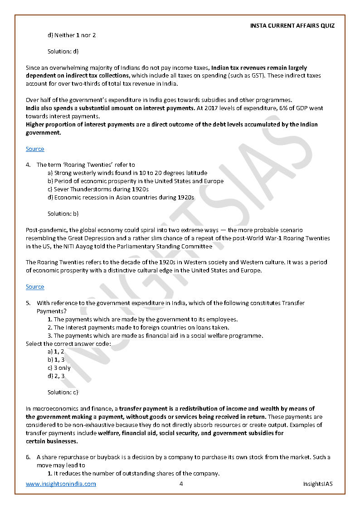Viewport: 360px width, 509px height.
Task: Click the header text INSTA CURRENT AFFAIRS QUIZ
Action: click(x=292, y=25)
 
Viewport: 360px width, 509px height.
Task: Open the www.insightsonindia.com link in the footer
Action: click(x=61, y=484)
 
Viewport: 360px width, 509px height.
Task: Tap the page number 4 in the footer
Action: click(x=181, y=484)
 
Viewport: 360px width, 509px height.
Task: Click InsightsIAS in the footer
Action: click(x=318, y=484)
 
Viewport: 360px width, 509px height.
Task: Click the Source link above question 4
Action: click(x=35, y=149)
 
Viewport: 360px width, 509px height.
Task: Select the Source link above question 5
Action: click(x=35, y=286)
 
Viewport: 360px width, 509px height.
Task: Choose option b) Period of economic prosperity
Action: click(x=135, y=181)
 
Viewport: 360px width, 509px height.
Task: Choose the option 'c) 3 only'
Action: click(x=59, y=368)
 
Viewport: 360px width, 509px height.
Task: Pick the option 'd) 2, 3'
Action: click(x=56, y=376)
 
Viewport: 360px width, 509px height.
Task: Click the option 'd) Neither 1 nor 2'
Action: click(x=72, y=35)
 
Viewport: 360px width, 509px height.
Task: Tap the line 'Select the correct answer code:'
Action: click(x=68, y=344)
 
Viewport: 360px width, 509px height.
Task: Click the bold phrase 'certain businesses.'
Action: click(x=52, y=441)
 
